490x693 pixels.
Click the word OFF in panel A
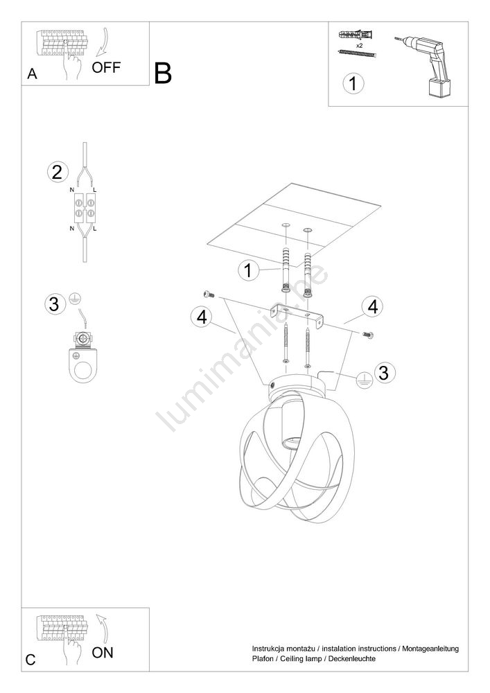point(106,67)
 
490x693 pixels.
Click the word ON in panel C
point(103,652)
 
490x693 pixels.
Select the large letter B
point(163,73)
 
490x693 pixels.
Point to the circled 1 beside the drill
point(353,84)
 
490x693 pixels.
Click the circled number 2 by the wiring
point(58,172)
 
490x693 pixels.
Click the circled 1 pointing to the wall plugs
point(248,270)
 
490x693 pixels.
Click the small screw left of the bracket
point(208,295)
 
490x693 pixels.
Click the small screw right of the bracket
point(368,335)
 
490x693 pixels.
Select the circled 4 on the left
point(202,317)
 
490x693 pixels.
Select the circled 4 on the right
point(373,307)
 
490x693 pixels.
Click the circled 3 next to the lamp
point(383,372)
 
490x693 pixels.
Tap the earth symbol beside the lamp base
point(364,379)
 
